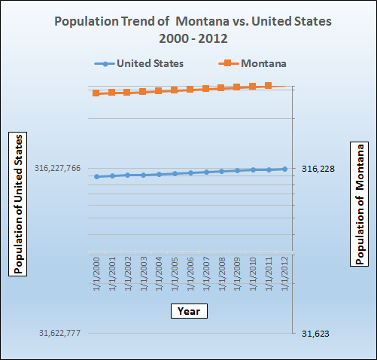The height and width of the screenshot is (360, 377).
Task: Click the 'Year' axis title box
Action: coord(188,310)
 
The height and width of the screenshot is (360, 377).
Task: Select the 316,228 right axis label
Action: coord(318,169)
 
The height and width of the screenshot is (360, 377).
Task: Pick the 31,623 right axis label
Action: coord(315,333)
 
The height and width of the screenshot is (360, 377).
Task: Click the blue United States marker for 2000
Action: coord(96,176)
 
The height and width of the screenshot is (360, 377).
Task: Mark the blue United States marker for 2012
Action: coord(284,169)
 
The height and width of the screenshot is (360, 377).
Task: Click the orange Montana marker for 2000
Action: coord(96,93)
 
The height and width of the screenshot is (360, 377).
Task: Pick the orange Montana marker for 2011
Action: coord(269,86)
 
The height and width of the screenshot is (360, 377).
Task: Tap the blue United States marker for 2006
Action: coord(190,172)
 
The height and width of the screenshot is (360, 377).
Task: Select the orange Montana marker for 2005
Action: coord(175,90)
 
